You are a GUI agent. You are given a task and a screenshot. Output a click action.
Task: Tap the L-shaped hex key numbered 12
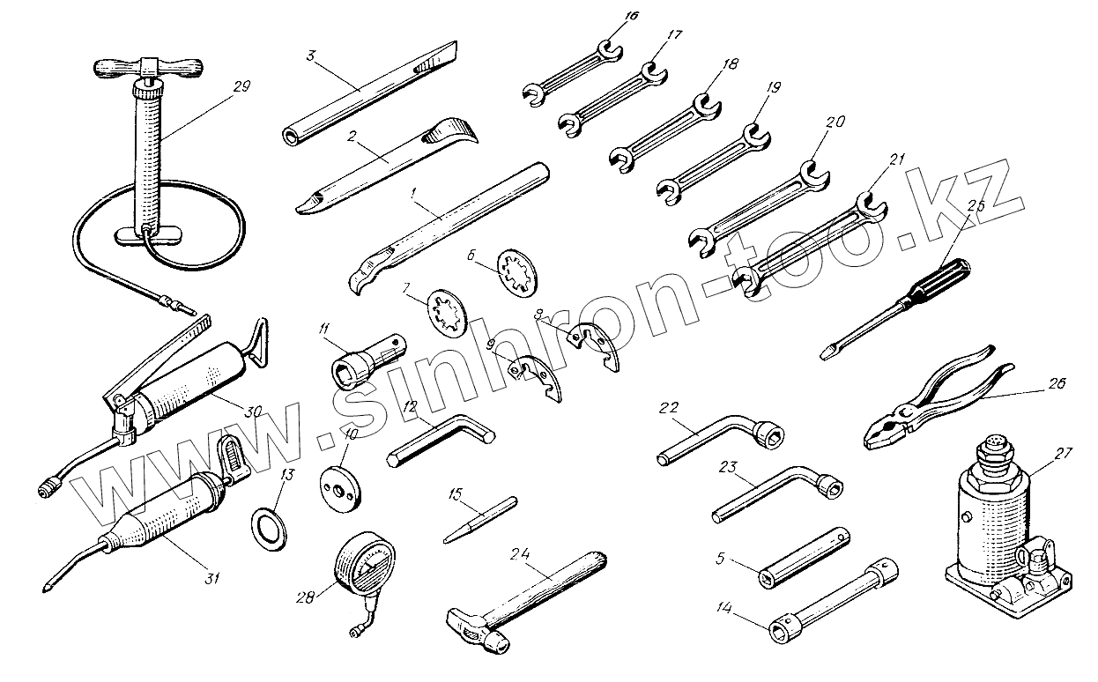(441, 439)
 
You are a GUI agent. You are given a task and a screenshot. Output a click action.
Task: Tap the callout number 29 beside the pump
(243, 86)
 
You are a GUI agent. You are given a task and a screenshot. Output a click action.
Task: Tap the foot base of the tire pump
(148, 235)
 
